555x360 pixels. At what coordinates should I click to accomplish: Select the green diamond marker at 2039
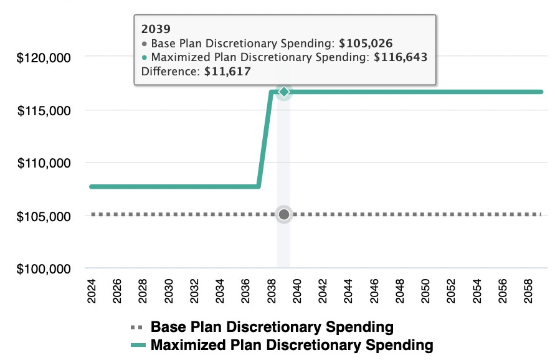[284, 92]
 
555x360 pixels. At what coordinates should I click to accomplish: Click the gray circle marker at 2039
[284, 215]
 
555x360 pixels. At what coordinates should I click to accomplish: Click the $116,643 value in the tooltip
[400, 57]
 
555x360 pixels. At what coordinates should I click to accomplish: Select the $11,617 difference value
[228, 71]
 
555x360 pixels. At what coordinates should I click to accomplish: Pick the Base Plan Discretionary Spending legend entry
[272, 327]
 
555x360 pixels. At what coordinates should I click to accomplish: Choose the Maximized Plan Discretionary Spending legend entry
[292, 344]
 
